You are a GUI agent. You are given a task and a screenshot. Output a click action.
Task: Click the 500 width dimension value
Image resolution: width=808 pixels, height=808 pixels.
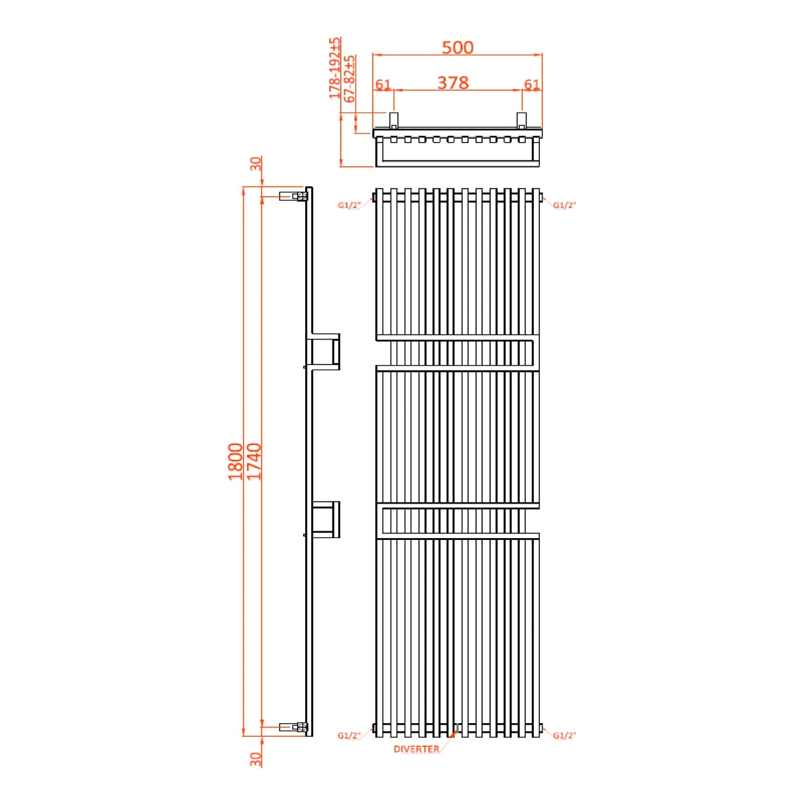pyautogui.click(x=457, y=47)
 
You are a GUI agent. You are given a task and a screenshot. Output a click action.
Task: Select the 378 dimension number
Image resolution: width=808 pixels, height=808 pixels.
pyautogui.click(x=452, y=82)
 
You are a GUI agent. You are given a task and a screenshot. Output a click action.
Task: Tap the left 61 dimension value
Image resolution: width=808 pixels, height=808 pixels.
pyautogui.click(x=382, y=85)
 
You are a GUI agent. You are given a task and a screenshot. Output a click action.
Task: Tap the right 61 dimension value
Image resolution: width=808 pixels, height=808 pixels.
pyautogui.click(x=532, y=85)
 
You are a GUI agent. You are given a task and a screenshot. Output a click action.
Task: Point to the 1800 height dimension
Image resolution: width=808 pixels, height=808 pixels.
pyautogui.click(x=235, y=461)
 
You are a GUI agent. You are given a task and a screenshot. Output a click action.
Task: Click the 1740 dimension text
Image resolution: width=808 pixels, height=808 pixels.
pyautogui.click(x=254, y=461)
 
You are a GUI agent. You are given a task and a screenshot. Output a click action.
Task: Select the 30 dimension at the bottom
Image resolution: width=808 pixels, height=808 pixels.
pyautogui.click(x=256, y=759)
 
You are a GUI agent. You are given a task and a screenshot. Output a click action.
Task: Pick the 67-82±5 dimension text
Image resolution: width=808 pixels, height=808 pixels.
pyautogui.click(x=350, y=78)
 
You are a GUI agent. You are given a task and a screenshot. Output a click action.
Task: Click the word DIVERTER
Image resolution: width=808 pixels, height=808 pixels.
pyautogui.click(x=416, y=749)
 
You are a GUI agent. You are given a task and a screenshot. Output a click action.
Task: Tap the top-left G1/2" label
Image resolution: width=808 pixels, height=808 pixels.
pyautogui.click(x=350, y=205)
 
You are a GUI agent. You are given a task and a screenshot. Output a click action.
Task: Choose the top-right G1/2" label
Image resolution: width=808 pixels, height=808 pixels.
pyautogui.click(x=565, y=205)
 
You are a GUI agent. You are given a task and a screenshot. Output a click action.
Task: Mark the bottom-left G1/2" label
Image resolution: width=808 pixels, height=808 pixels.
pyautogui.click(x=350, y=736)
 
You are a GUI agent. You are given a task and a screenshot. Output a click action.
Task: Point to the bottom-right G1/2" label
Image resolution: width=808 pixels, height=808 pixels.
pyautogui.click(x=565, y=736)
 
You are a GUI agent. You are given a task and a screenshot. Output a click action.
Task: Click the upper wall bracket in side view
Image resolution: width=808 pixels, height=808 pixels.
pyautogui.click(x=325, y=351)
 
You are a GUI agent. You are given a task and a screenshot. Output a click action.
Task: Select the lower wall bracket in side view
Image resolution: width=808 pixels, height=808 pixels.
pyautogui.click(x=325, y=519)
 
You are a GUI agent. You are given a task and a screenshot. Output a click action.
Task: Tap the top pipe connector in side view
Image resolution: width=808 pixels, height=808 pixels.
pyautogui.click(x=294, y=197)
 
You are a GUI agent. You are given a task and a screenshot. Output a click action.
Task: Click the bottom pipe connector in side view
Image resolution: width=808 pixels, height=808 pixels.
pyautogui.click(x=294, y=727)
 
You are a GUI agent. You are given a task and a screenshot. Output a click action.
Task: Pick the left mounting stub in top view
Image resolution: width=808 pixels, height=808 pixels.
pyautogui.click(x=394, y=120)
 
